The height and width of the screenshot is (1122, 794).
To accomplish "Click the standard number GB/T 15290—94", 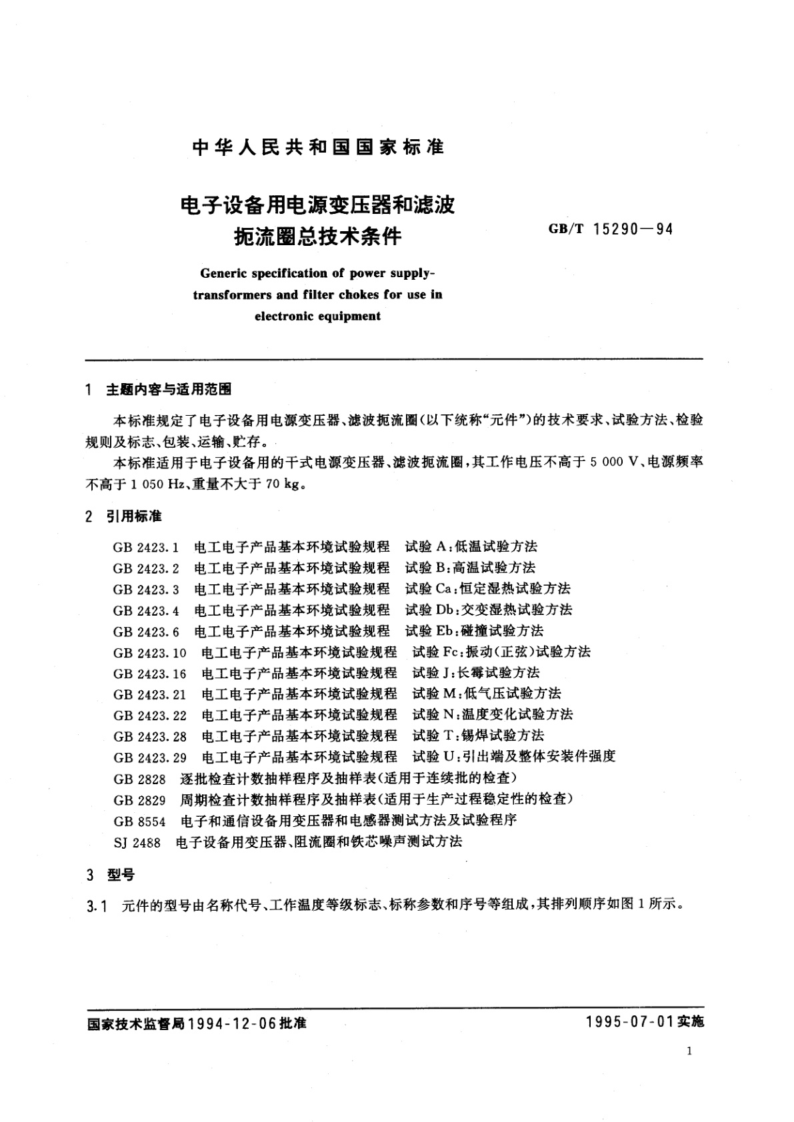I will click(610, 230).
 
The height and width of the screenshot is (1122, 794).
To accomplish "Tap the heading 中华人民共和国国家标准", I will click(318, 147).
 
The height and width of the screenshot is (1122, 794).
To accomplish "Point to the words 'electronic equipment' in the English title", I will click(317, 316).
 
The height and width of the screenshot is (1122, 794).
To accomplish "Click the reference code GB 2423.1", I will click(146, 547).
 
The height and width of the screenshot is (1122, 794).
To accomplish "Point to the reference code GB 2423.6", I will click(146, 631).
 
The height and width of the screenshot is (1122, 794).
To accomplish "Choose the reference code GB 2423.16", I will click(149, 673).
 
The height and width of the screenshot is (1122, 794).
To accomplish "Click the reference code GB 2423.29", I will click(149, 757).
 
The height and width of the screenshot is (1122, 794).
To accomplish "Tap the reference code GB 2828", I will click(139, 778).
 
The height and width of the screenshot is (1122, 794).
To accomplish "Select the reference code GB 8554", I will click(139, 820).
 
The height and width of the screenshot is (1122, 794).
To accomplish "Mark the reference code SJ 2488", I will click(137, 841).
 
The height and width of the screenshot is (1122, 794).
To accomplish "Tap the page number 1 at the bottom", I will click(689, 1051).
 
